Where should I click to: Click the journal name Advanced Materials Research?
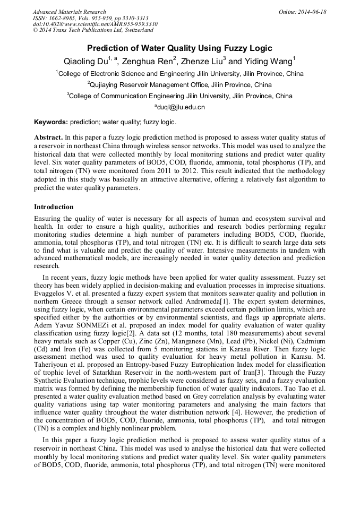pos(69,12)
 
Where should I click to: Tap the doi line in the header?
pos(95,24)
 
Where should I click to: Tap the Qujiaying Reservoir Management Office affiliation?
pos(179,85)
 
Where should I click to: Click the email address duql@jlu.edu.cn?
pos(179,107)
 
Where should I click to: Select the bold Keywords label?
pos(51,122)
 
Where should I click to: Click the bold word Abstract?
pos(48,137)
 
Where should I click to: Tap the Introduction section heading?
pos(54,206)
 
